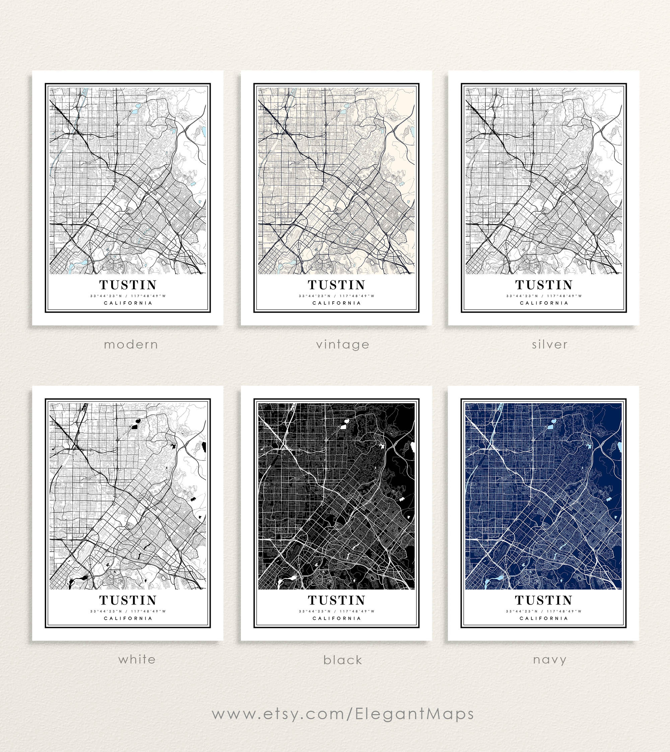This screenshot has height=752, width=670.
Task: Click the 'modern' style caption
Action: (131, 344)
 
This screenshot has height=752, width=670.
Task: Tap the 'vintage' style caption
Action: (343, 344)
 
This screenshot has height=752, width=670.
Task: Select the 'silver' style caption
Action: (550, 344)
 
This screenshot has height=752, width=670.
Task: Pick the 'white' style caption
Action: (137, 659)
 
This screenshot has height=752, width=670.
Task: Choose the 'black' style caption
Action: (343, 660)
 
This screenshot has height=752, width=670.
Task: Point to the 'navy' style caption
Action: (550, 660)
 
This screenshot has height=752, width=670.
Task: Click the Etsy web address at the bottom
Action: (343, 714)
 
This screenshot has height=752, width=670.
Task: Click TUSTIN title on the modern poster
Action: (128, 285)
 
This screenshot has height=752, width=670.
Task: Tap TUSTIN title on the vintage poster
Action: (336, 285)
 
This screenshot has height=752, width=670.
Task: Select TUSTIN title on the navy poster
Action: (544, 600)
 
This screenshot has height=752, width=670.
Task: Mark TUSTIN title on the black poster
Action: (336, 600)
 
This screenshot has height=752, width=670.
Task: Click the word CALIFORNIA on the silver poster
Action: (544, 303)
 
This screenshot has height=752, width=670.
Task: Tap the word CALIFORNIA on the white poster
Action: (128, 618)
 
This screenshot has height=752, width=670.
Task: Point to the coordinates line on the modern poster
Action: (128, 296)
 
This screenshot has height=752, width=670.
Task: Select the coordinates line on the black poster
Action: (336, 611)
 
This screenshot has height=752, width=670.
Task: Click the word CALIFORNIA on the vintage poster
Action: (336, 303)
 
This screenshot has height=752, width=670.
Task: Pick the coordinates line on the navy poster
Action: (544, 611)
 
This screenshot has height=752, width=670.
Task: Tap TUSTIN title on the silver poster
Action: (544, 285)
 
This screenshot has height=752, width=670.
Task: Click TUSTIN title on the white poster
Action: (128, 600)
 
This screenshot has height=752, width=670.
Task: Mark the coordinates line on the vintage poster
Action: (336, 296)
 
